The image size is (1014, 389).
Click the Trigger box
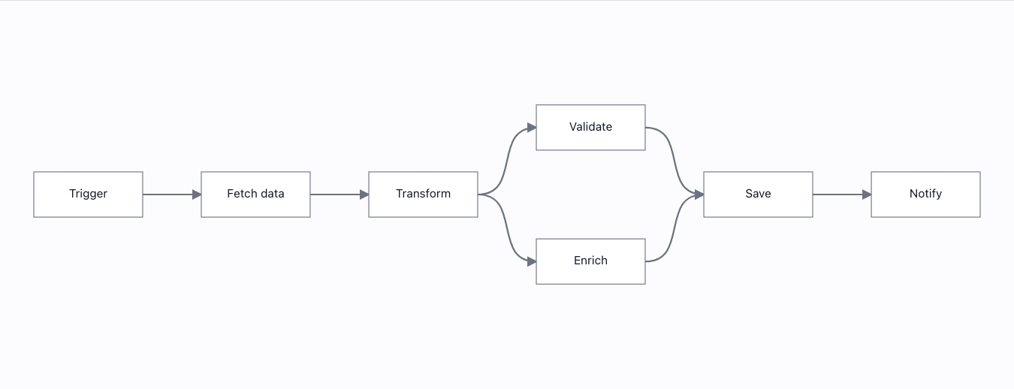[x=89, y=194]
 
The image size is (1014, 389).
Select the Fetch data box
[x=256, y=194]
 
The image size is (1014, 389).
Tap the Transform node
[x=424, y=194]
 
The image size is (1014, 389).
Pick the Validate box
[x=590, y=127]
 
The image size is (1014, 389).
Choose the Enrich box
[x=590, y=261]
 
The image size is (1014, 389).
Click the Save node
[x=758, y=194]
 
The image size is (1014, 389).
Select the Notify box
[x=925, y=194]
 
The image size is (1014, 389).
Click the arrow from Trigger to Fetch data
[x=172, y=194]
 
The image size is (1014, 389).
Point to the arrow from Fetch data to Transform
[x=340, y=194]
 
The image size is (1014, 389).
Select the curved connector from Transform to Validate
[x=506, y=161]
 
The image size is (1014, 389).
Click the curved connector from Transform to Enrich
[x=506, y=228]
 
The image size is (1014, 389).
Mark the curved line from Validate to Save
[x=674, y=161]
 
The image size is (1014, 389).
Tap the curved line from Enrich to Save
[x=674, y=228]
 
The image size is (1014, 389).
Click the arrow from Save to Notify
[x=842, y=194]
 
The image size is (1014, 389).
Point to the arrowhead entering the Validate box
[x=532, y=128]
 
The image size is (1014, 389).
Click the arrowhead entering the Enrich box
[x=532, y=261]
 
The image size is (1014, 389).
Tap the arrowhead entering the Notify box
[x=867, y=194]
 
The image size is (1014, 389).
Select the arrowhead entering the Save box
[x=699, y=194]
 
